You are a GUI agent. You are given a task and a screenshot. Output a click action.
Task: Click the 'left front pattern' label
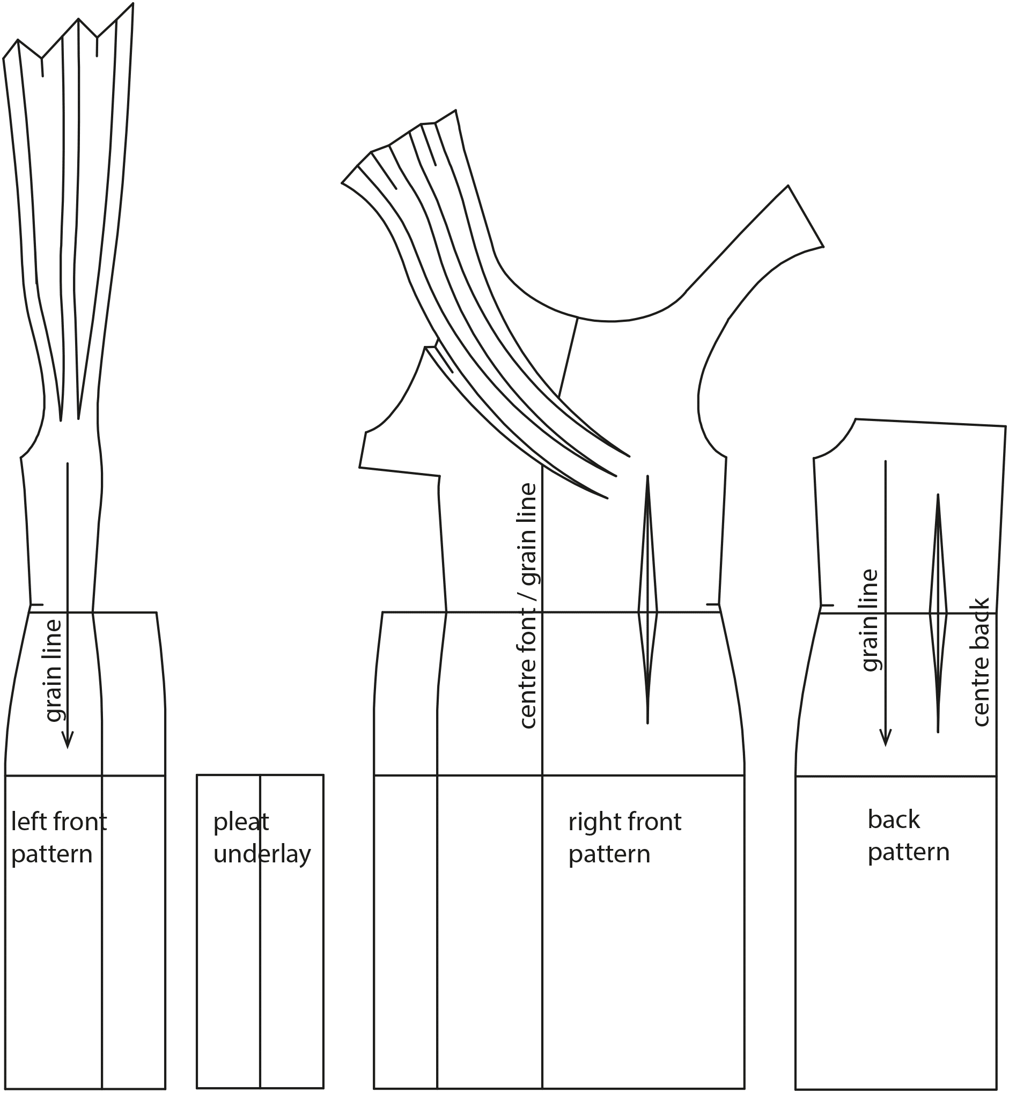pos(59,838)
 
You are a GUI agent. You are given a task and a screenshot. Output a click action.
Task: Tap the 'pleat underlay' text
pos(262,838)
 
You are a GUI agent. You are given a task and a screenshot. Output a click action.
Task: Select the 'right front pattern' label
pos(624,838)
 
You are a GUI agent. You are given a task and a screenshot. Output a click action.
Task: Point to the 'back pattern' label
pos(909,836)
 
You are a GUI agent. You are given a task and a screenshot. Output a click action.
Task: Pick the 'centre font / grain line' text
pos(528,606)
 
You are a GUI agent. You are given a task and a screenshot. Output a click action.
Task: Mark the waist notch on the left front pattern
pos(36,604)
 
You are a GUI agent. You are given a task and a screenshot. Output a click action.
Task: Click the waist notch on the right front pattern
pos(712,604)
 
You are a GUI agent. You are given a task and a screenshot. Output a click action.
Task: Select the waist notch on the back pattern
pos(827,605)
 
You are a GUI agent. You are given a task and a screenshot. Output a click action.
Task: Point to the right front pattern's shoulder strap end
pos(806,216)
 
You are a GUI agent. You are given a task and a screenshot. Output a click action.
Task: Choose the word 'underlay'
pos(262,854)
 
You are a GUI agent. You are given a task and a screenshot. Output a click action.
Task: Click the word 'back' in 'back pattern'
pos(894,820)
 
